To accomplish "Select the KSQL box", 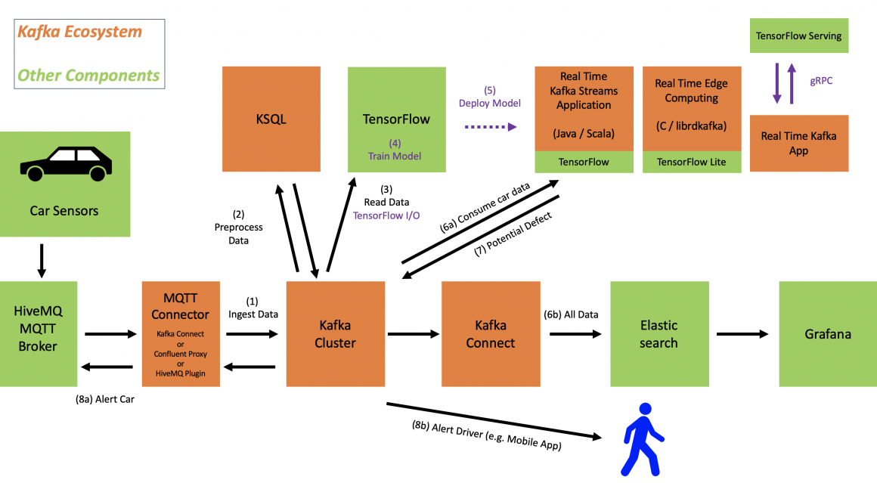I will click(x=271, y=119).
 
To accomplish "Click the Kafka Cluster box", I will click(x=336, y=334).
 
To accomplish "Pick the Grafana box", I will click(x=828, y=334).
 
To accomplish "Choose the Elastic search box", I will click(x=659, y=334).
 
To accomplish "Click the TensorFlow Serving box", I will click(x=798, y=36).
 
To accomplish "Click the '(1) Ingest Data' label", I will click(x=253, y=308).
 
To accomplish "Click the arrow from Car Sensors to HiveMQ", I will click(x=41, y=261).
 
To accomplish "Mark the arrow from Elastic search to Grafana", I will click(x=742, y=333).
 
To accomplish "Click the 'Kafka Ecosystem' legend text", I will click(x=79, y=33).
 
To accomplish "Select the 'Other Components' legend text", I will click(x=88, y=75).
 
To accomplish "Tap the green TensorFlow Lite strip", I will click(x=691, y=162).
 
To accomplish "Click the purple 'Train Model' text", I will click(x=395, y=156).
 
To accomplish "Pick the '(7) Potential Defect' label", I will click(x=513, y=235).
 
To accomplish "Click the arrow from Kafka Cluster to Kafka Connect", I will click(x=413, y=333).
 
